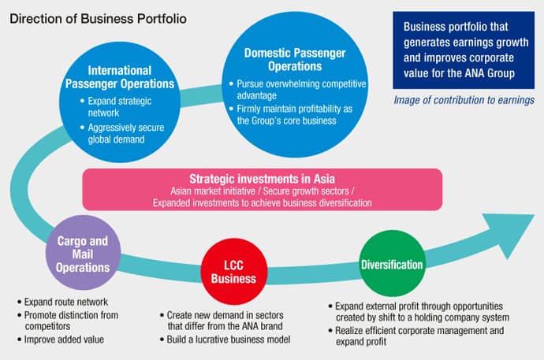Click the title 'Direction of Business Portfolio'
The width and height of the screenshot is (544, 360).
(x=98, y=17)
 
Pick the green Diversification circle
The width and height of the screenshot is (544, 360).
(x=392, y=265)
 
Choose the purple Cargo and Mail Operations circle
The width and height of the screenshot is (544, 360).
(x=82, y=255)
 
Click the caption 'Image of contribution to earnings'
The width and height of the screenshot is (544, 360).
(x=464, y=100)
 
